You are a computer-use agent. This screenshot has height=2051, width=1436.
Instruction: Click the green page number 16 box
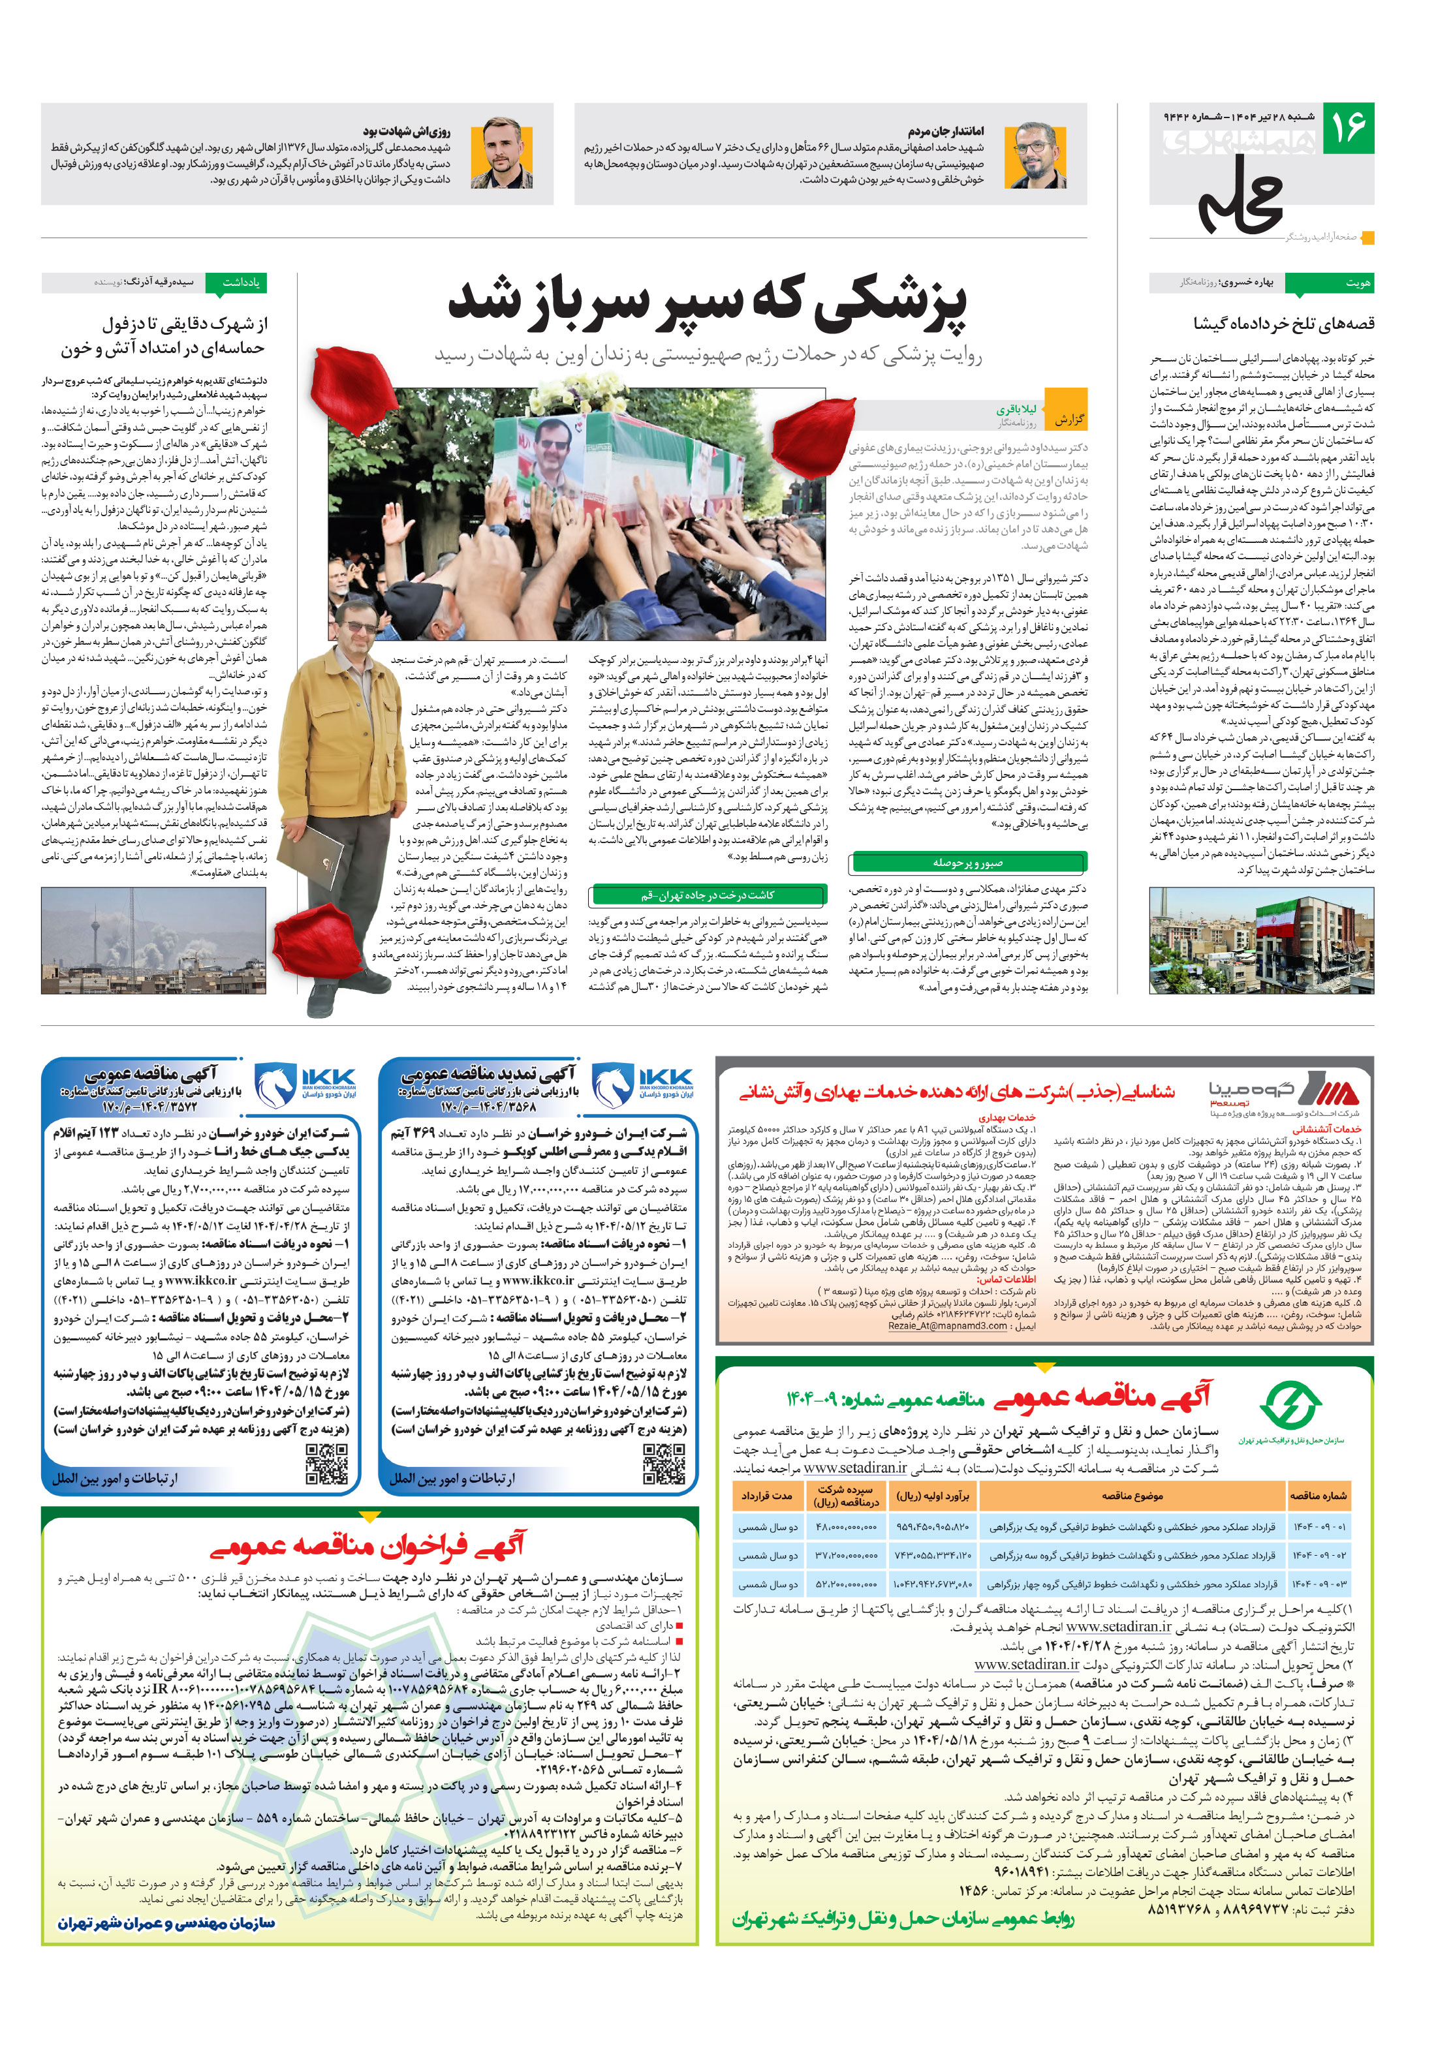[x=1347, y=128]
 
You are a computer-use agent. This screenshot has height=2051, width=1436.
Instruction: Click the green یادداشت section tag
[x=237, y=283]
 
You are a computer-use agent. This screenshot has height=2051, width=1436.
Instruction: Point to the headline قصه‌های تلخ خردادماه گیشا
[x=1283, y=324]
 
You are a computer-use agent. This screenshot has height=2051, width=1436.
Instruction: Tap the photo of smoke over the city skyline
[x=153, y=940]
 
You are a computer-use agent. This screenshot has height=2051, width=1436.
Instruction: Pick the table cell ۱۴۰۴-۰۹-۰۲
[x=1318, y=1555]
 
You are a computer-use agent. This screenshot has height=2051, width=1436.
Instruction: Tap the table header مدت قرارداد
[x=766, y=1496]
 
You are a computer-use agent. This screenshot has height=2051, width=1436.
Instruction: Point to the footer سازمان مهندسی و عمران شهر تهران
[x=167, y=1923]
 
